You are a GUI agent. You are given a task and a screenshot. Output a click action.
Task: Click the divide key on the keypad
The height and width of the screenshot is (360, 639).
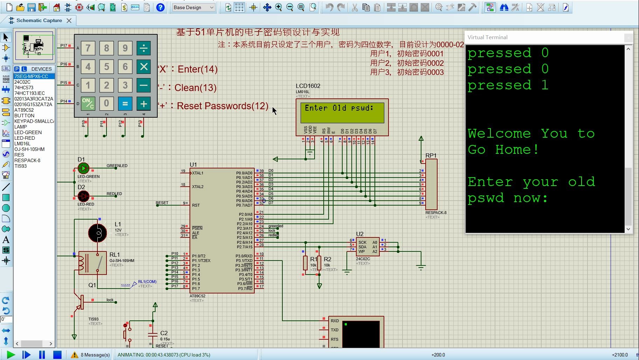pyautogui.click(x=144, y=48)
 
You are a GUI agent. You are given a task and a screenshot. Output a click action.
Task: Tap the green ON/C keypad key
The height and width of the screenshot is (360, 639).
pyautogui.click(x=88, y=104)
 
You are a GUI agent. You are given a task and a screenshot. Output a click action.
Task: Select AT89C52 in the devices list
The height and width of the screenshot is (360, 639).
pyautogui.click(x=24, y=110)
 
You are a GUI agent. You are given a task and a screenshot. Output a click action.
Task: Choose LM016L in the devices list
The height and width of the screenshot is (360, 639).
pyautogui.click(x=22, y=144)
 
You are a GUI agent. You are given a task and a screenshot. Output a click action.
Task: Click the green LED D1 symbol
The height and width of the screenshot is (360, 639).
pyautogui.click(x=83, y=168)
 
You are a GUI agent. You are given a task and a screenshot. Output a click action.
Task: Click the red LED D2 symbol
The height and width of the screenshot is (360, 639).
pyautogui.click(x=83, y=196)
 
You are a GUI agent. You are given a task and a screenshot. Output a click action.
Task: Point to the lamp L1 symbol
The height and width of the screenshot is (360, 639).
pyautogui.click(x=98, y=233)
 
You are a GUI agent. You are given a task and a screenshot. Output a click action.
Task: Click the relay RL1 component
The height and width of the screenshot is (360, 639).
pyautogui.click(x=92, y=263)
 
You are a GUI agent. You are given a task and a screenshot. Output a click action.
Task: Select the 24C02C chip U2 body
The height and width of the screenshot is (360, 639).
pyautogui.click(x=367, y=247)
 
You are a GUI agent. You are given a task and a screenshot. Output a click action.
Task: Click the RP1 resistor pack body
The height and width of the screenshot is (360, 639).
pyautogui.click(x=431, y=184)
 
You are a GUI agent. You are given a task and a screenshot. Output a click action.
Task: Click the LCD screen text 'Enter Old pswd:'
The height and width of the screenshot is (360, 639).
pyautogui.click(x=339, y=108)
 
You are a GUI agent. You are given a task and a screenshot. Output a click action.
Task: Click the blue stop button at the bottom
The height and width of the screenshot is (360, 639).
pyautogui.click(x=57, y=355)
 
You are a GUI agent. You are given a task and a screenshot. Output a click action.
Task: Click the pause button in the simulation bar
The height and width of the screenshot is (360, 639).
pyautogui.click(x=42, y=355)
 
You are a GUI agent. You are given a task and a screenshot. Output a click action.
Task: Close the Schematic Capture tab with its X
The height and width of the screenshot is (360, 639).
pyautogui.click(x=69, y=21)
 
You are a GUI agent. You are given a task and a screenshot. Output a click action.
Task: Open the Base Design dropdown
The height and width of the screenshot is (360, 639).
pyautogui.click(x=194, y=7)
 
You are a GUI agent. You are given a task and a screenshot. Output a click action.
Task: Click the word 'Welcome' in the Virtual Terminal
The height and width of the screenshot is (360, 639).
pyautogui.click(x=499, y=133)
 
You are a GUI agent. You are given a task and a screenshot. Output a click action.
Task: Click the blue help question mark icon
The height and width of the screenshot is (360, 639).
pyautogui.click(x=160, y=7)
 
